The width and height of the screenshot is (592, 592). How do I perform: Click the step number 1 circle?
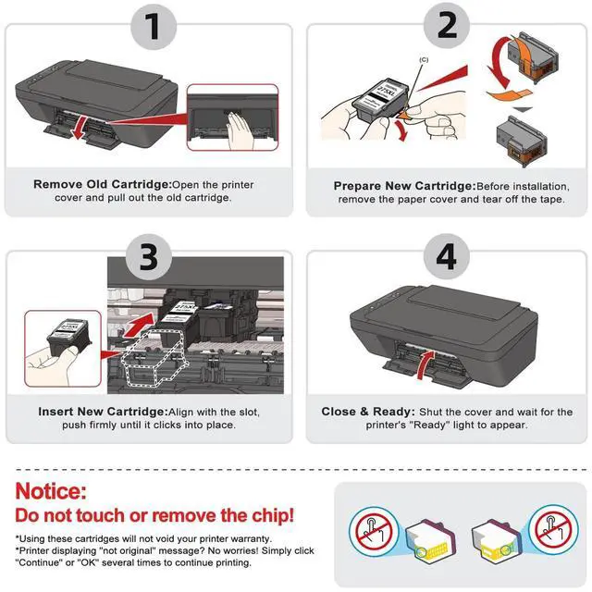pos(154,27)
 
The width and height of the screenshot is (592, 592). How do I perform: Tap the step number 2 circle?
pos(447,26)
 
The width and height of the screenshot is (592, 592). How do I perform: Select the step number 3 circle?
pos(149,257)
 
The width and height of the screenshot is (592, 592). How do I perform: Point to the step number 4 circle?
pos(447,257)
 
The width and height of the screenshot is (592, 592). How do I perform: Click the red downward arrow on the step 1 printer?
pos(80,129)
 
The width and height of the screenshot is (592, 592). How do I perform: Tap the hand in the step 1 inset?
pos(240,131)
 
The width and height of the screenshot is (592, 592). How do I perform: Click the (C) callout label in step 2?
pos(424,59)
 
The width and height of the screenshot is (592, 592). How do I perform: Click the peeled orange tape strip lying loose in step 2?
pos(509,94)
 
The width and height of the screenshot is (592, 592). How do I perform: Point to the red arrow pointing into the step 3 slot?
pos(139,325)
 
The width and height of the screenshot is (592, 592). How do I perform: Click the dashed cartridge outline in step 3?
pos(154,356)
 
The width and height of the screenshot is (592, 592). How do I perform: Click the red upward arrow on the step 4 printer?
pos(425,364)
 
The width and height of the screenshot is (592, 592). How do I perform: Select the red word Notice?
pos(51,491)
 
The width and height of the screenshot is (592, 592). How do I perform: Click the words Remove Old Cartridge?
pos(103,184)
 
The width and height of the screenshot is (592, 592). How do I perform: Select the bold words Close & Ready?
pos(368,411)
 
